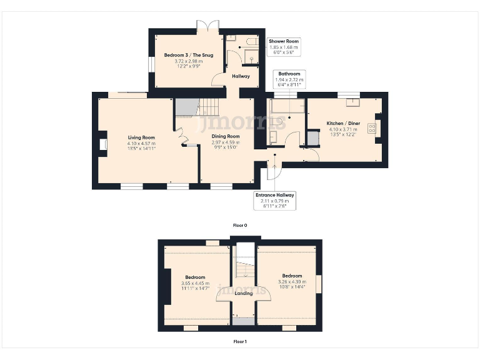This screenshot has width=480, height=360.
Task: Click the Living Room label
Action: click(141, 137)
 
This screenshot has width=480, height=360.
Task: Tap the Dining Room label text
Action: click(225, 136)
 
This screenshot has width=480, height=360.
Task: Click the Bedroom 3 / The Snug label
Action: click(188, 55)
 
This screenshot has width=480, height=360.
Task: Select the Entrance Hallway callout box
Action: click(274, 201)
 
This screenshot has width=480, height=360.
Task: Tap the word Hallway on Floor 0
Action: click(241, 76)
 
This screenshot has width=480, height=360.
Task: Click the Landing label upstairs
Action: click(243, 293)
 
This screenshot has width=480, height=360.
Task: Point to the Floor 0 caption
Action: click(240, 225)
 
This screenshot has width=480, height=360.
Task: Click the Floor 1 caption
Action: click(240, 342)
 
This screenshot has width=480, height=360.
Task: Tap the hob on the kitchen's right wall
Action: click(372, 128)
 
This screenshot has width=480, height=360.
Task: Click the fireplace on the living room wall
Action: click(102, 144)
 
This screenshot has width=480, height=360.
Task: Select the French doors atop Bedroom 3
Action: click(207, 26)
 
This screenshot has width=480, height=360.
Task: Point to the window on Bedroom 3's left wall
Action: click(151, 65)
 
